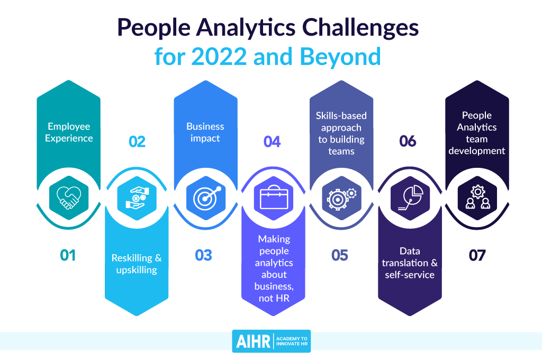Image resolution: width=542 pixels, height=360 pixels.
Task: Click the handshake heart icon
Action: pos(69,198)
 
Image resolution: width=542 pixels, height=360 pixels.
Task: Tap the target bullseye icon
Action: pos(206,198)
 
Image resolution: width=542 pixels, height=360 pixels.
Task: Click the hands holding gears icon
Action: pos(137,198)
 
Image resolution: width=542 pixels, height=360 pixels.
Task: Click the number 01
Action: pos(68,255)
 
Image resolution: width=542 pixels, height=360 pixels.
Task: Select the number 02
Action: pos(137,141)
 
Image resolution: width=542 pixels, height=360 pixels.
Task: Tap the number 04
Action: pos(272,141)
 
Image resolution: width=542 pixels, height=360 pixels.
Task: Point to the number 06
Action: pos(408,141)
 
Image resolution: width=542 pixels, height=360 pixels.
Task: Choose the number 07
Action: pos(477,255)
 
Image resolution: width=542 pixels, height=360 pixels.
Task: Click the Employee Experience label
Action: pos(69,132)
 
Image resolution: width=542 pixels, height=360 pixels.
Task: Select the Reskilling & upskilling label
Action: pos(137,264)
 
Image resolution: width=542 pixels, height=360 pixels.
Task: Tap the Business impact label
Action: pos(205,132)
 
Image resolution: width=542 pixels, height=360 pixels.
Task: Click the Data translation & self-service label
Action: pos(410,263)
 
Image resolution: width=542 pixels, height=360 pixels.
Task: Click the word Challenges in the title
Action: pos(360,28)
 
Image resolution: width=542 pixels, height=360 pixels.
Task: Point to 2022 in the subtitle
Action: pos(219,57)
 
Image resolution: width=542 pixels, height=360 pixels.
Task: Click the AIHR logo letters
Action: pos(253,341)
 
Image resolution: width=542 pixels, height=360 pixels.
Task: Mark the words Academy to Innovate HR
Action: pos(292,341)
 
